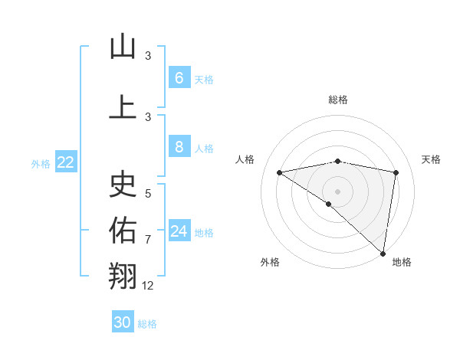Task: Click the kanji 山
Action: (x=123, y=47)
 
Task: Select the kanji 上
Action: (x=123, y=107)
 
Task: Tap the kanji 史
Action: (x=123, y=183)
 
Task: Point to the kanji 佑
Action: (x=123, y=229)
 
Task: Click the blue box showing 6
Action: (x=179, y=77)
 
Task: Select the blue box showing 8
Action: (x=179, y=147)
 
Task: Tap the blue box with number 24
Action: (x=179, y=231)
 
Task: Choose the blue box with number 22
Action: (x=66, y=162)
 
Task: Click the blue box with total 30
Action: (x=123, y=322)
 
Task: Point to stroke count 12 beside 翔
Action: (x=148, y=286)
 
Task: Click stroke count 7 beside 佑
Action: (x=148, y=240)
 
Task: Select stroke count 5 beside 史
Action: (x=148, y=194)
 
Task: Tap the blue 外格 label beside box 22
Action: (x=41, y=163)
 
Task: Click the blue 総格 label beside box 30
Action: (x=147, y=324)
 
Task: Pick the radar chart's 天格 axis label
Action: (x=431, y=159)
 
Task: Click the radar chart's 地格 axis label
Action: (x=402, y=262)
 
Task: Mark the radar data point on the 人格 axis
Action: (x=279, y=172)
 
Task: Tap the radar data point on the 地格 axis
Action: (x=383, y=253)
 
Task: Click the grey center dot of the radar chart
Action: (x=337, y=191)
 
